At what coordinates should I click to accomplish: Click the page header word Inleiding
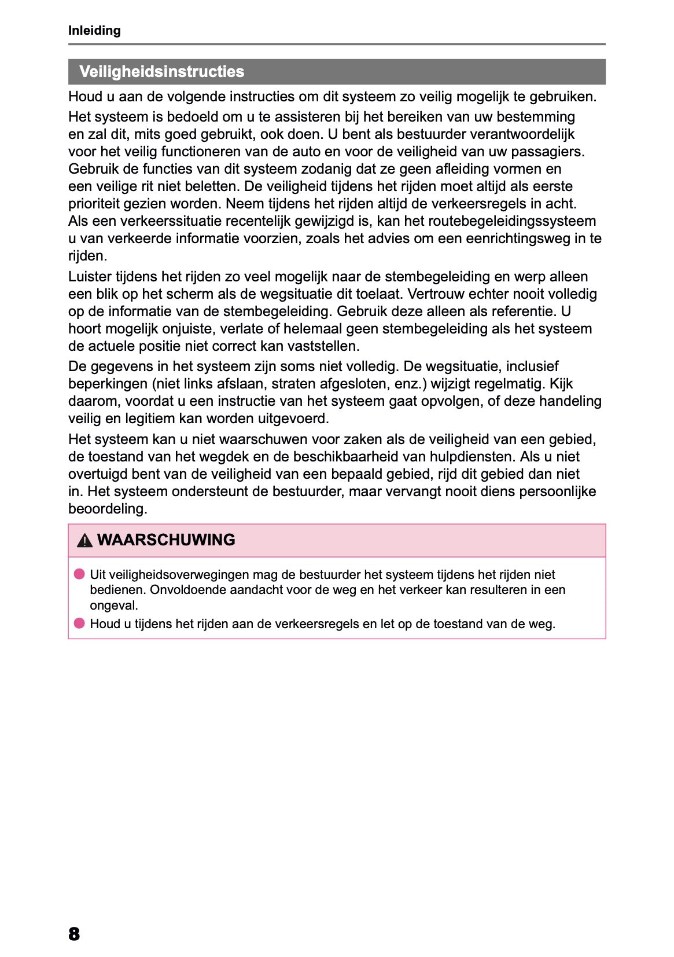94,31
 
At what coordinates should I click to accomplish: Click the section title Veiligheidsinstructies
161,72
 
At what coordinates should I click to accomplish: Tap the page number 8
74,933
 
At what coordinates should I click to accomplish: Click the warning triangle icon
84,541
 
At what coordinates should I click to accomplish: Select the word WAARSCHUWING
166,540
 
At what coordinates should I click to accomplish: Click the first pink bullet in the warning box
79,574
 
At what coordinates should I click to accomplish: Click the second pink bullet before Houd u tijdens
79,624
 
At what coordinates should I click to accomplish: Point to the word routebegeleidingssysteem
511,221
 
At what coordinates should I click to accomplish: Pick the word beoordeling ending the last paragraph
107,509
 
